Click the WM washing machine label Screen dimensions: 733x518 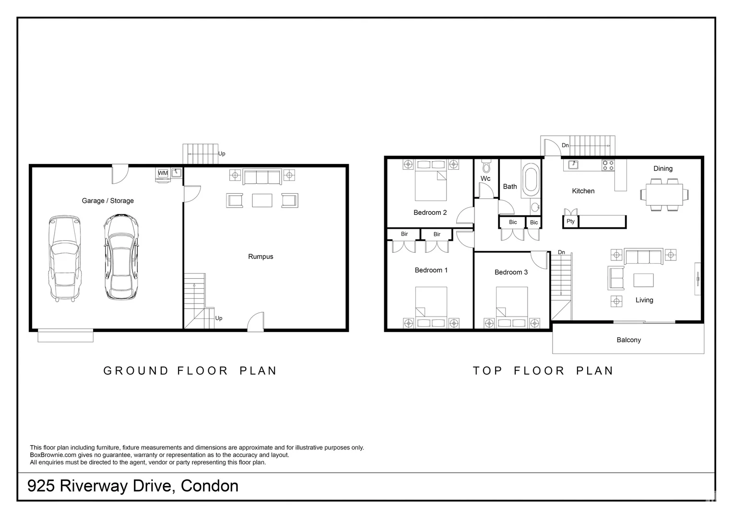(x=163, y=173)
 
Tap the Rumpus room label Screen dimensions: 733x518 (x=260, y=257)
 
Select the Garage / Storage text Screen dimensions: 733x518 (x=107, y=200)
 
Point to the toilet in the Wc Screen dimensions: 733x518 (x=486, y=166)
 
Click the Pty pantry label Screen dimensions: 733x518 (x=570, y=221)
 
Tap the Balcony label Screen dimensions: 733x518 (x=628, y=340)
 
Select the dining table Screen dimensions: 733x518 (x=664, y=195)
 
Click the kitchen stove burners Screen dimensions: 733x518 (x=608, y=165)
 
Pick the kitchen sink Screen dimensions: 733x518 (x=573, y=165)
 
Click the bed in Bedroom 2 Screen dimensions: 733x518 (x=431, y=180)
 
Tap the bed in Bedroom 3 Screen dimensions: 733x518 (x=511, y=307)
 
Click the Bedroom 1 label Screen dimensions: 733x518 (x=431, y=270)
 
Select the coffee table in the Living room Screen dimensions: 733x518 (x=643, y=280)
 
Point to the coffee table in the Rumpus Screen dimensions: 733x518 (x=262, y=200)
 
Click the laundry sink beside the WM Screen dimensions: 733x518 (x=177, y=173)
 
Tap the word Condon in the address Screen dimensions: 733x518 (x=210, y=486)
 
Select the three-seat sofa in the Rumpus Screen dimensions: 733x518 (x=262, y=177)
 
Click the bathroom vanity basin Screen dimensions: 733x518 (x=535, y=207)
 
